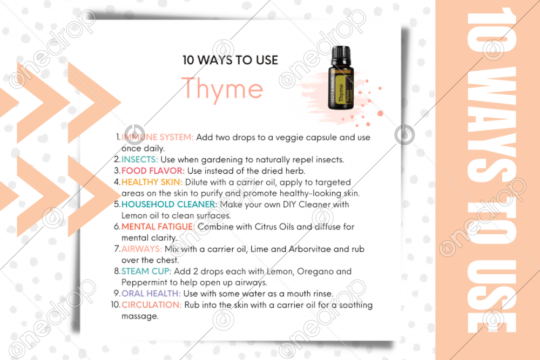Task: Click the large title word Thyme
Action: click(x=222, y=89)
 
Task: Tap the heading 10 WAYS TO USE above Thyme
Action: click(x=230, y=60)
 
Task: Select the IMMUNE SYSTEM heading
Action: click(x=157, y=137)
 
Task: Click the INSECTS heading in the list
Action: click(x=139, y=159)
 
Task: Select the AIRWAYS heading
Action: click(x=141, y=249)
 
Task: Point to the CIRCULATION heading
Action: click(x=151, y=305)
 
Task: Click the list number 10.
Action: click(x=115, y=305)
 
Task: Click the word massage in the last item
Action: click(x=139, y=316)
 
